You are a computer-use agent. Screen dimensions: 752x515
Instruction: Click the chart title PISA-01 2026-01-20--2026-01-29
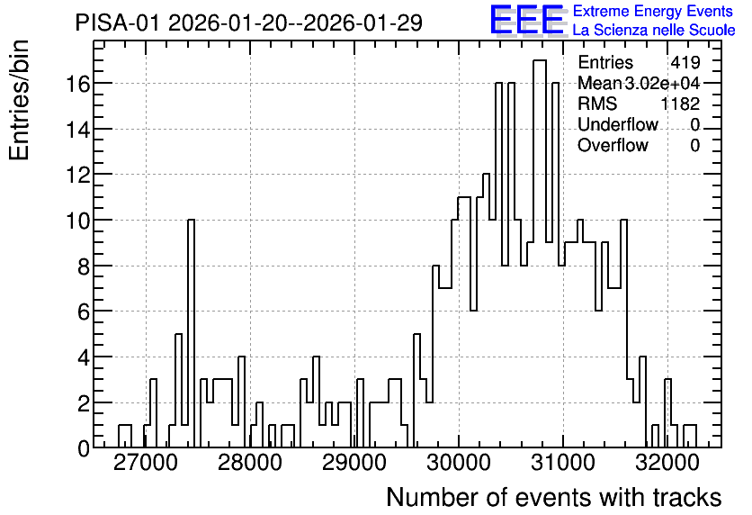point(249,23)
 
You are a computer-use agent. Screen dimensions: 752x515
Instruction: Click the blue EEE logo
point(527,19)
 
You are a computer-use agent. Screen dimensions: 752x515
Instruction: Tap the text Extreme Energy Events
point(653,11)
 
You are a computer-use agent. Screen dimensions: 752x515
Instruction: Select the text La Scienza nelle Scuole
point(654,30)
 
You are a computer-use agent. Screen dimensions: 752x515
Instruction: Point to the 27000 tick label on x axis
point(145,463)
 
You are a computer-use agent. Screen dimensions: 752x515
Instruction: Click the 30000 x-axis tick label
point(459,463)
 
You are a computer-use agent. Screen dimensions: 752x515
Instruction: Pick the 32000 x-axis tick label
point(667,463)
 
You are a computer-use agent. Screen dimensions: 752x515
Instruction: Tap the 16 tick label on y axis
point(77,84)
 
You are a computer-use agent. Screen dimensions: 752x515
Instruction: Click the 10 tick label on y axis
point(77,221)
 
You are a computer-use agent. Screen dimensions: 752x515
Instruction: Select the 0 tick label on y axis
point(84,448)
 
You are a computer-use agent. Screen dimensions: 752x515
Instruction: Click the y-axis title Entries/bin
point(19,100)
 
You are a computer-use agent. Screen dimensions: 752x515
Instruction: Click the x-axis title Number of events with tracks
point(554,497)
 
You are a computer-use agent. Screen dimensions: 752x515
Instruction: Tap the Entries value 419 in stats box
point(685,62)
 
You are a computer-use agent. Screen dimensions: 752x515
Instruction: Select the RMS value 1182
point(680,104)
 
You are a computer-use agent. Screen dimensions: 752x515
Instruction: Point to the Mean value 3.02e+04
point(662,83)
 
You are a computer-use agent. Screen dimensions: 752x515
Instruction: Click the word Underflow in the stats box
point(618,124)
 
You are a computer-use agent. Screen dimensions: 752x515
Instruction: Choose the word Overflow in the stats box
point(613,145)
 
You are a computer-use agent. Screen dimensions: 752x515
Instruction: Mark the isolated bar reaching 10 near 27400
point(191,333)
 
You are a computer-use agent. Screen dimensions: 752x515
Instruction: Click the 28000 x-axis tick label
point(249,463)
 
